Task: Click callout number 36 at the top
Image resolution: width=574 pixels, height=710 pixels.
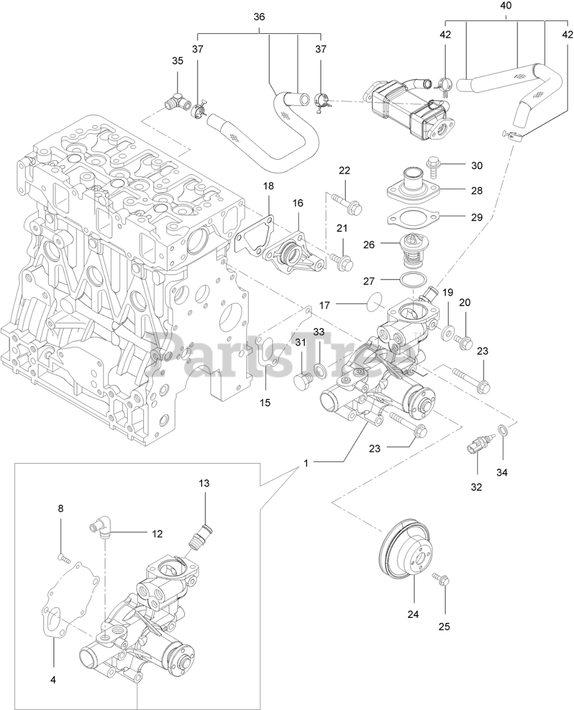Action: pos(259,17)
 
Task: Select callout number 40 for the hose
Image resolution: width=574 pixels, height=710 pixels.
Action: pos(506,6)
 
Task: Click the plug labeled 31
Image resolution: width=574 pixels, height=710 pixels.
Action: pos(303,382)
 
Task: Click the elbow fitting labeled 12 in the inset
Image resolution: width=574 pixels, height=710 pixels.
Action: pos(100,528)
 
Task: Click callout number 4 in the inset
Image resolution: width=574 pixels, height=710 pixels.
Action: pos(53,679)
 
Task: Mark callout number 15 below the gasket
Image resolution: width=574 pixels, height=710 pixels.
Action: pos(265,402)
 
